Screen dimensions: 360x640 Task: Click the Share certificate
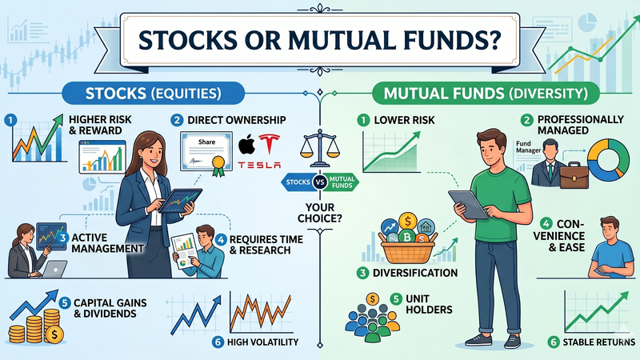[206, 151]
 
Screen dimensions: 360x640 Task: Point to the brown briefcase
[574, 173]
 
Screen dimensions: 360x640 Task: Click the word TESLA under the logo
[260, 165]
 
